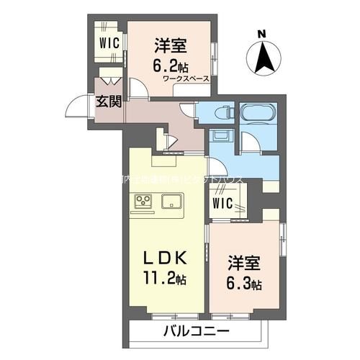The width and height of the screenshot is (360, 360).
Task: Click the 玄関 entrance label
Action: [109, 102]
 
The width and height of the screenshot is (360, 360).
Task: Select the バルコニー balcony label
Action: [195, 332]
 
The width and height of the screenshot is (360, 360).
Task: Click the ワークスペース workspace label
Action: [186, 78]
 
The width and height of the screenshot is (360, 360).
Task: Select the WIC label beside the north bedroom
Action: [109, 41]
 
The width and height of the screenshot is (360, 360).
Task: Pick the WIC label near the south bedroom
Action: [222, 203]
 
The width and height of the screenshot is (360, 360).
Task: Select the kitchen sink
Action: [172, 201]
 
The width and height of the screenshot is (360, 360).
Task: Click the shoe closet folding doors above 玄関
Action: [110, 75]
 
